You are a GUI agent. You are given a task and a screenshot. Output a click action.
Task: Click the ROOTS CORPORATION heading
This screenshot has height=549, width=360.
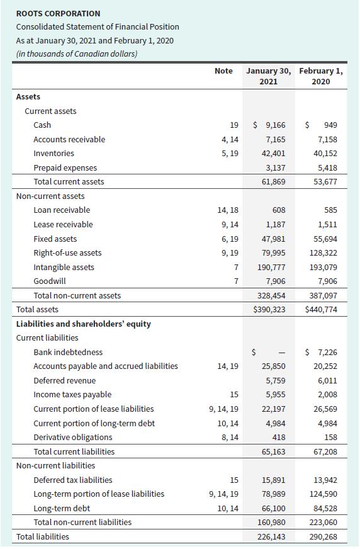click(58, 13)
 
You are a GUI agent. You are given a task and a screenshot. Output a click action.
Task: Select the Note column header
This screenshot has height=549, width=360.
click(223, 71)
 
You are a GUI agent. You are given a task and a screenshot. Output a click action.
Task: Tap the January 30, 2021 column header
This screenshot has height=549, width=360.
click(269, 76)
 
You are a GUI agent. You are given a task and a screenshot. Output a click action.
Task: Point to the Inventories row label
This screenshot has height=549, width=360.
click(53, 153)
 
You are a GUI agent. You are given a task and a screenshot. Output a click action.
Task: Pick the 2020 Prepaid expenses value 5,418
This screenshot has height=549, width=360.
click(328, 167)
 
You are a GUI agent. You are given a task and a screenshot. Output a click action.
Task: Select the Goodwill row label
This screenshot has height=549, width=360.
click(50, 281)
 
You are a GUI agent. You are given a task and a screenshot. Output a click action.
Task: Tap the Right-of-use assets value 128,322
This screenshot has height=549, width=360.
click(325, 252)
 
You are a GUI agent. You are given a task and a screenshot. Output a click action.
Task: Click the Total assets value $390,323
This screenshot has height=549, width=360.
click(269, 309)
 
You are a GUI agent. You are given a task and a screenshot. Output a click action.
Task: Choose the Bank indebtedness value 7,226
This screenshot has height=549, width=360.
click(325, 352)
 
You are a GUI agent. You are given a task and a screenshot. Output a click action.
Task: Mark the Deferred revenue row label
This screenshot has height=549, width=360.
click(65, 380)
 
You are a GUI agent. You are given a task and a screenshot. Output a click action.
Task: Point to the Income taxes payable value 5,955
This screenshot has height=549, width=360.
click(274, 394)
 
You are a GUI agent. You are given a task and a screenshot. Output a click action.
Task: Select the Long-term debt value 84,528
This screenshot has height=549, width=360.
click(325, 508)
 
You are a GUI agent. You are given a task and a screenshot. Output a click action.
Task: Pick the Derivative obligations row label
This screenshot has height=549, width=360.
click(73, 437)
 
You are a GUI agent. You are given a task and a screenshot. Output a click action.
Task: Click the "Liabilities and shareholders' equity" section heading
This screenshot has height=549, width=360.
click(83, 324)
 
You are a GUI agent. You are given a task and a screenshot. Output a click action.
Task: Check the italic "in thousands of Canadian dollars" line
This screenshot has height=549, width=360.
click(77, 53)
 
